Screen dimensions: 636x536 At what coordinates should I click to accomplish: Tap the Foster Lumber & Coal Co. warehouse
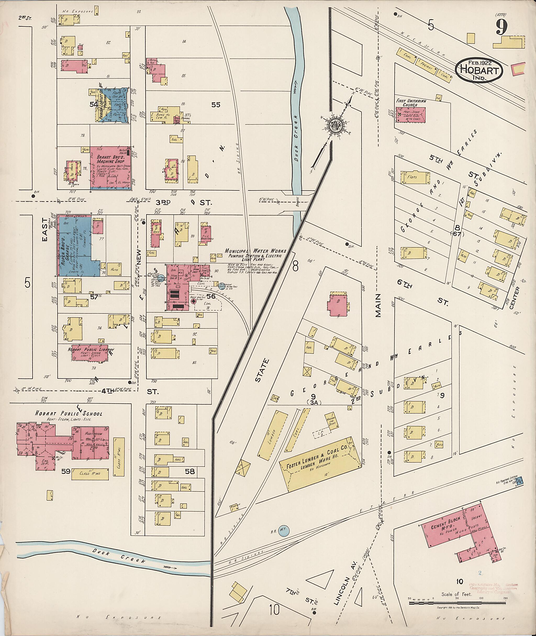319,464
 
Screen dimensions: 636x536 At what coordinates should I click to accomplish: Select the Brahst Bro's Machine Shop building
110,169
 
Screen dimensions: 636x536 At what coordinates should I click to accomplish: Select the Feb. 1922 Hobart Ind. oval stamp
479,70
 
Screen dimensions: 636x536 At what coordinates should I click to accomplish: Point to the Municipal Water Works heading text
255,251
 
